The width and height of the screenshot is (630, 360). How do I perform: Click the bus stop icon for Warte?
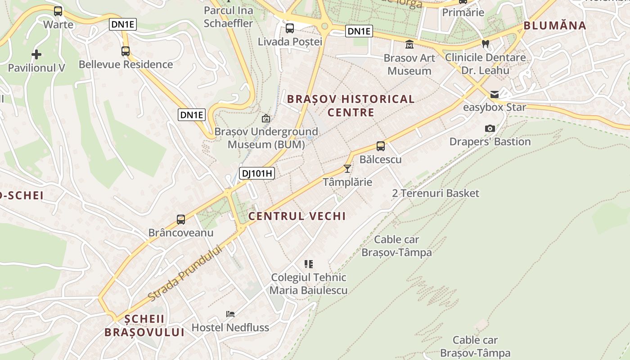pos(58,11)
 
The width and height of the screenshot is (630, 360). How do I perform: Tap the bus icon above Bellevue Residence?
pos(126,51)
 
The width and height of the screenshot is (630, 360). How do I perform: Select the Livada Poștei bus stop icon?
pos(290,28)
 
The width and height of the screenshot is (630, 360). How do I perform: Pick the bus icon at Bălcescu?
pos(381,146)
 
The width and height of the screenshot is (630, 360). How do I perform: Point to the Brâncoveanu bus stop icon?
pos(181,220)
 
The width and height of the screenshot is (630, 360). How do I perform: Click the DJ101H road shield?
pos(256,173)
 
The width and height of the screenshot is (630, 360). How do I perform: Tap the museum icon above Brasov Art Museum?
pos(409,45)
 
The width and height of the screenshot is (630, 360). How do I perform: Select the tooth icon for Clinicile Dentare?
pos(485,44)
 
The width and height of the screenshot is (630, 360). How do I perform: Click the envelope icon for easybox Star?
pos(495,94)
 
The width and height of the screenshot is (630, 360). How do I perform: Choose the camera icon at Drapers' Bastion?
pos(490,129)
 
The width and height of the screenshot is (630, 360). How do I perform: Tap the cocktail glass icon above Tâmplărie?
pos(347,169)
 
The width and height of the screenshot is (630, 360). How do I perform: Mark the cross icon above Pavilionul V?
pos(36,55)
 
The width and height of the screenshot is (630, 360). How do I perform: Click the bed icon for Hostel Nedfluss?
pos(230,314)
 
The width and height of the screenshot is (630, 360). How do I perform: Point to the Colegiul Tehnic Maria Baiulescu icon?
pos(309,264)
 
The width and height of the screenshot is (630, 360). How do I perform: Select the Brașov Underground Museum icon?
pos(266,119)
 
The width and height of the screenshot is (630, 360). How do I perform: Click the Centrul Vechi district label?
pos(297,216)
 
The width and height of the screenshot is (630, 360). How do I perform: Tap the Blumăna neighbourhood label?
pos(555,26)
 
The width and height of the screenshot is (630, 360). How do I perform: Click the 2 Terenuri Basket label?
pos(436,193)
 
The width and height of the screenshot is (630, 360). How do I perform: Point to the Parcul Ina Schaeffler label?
pos(228,17)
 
